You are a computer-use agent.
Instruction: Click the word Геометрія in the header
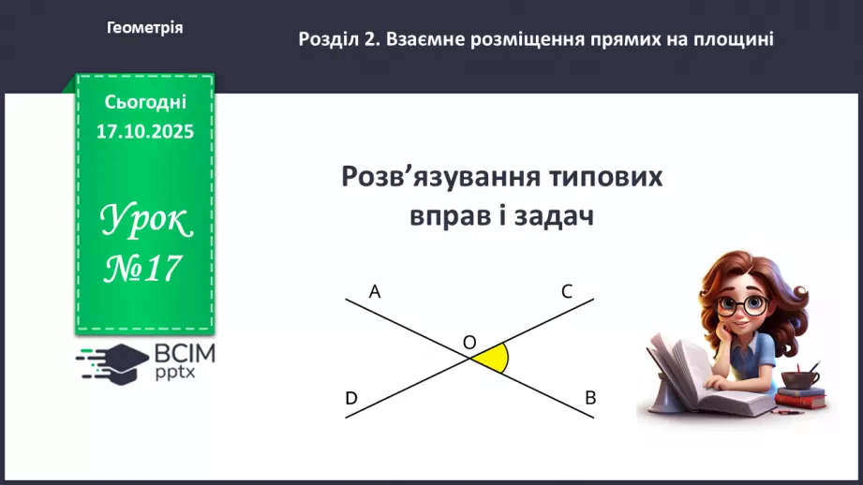(x=145, y=28)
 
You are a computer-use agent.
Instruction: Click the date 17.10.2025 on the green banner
(x=144, y=132)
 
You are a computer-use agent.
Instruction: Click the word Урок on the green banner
(x=144, y=221)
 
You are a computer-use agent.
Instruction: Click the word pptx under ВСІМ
(x=175, y=374)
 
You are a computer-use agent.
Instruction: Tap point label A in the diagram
(x=375, y=291)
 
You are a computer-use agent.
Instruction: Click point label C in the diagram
(x=567, y=291)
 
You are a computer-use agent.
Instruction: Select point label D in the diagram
(x=351, y=399)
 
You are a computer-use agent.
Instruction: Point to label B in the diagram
(x=590, y=398)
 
